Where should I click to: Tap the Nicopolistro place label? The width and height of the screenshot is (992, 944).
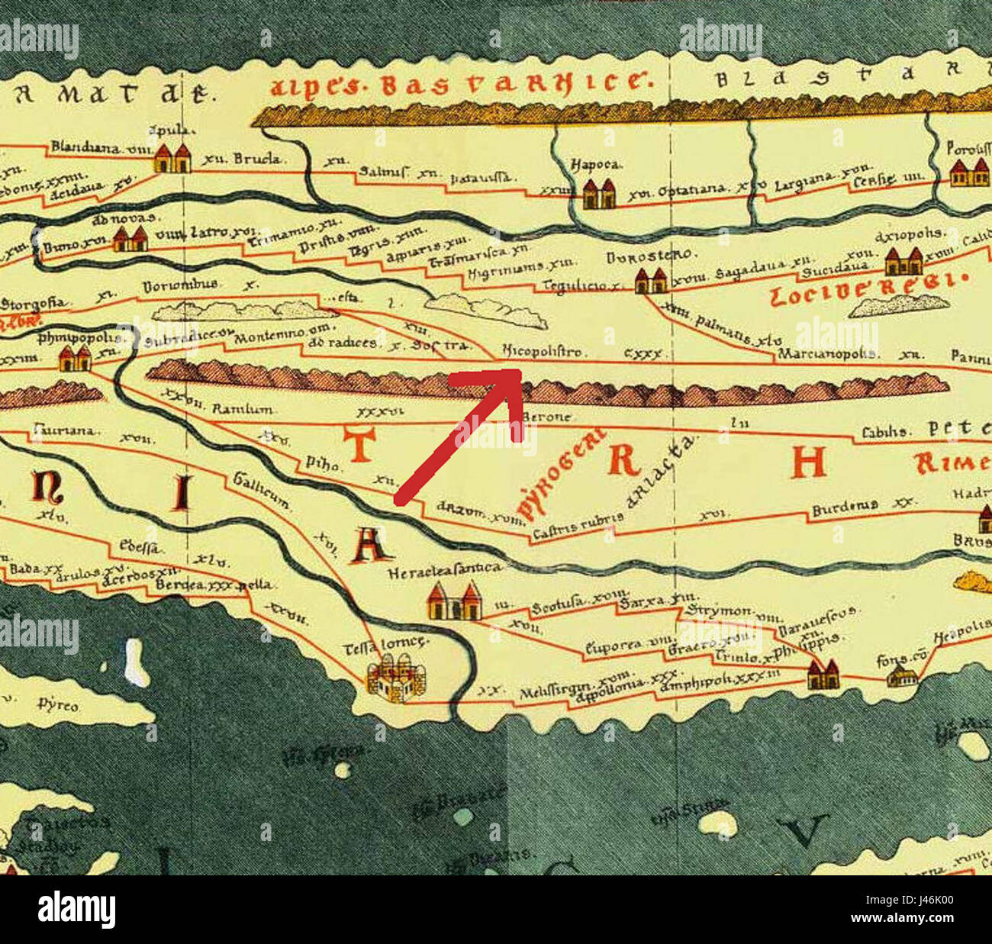tap(543, 352)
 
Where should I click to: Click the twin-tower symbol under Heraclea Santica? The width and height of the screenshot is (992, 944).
tap(455, 601)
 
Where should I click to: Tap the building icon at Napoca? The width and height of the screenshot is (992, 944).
tap(597, 194)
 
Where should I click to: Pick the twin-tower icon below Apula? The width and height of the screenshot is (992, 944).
tap(172, 158)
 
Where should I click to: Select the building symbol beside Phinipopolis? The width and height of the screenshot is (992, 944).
tap(75, 356)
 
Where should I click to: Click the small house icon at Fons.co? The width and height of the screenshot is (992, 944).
tap(902, 675)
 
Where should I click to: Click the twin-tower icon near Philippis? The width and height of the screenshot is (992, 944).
tap(823, 675)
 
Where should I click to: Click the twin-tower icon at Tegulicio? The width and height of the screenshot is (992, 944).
tap(651, 281)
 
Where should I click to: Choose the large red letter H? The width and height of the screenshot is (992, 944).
tap(809, 461)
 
